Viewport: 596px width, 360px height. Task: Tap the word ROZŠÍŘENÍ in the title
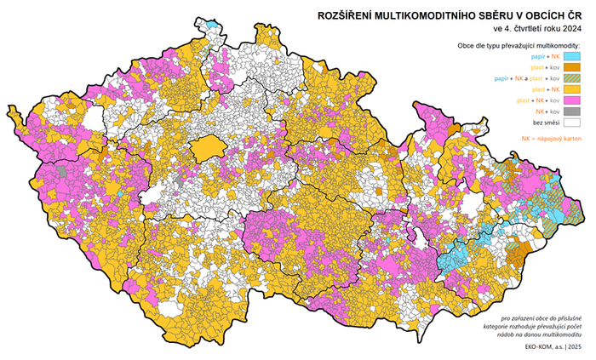pyautogui.click(x=341, y=15)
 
